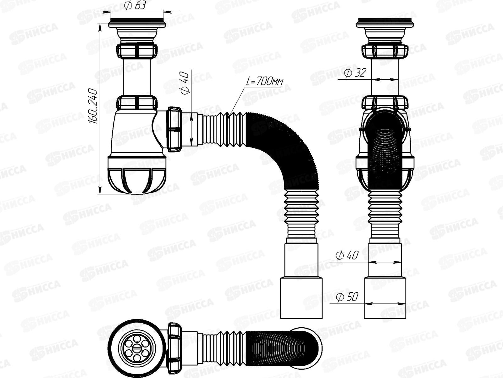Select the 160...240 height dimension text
[94, 106]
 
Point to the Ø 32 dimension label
[355, 73]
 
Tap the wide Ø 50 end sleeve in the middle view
[301, 298]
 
